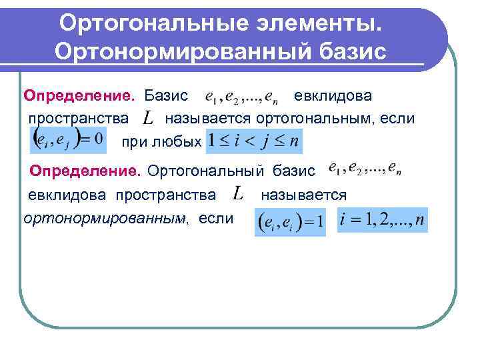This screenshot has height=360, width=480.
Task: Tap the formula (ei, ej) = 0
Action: [x=68, y=141]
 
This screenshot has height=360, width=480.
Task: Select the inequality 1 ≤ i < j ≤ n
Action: [x=254, y=141]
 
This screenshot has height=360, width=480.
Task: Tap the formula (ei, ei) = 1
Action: [x=290, y=221]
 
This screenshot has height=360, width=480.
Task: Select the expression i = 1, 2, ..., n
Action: [x=383, y=220]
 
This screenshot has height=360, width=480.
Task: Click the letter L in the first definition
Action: [x=149, y=119]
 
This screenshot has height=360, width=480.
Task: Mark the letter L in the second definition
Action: [x=239, y=195]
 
